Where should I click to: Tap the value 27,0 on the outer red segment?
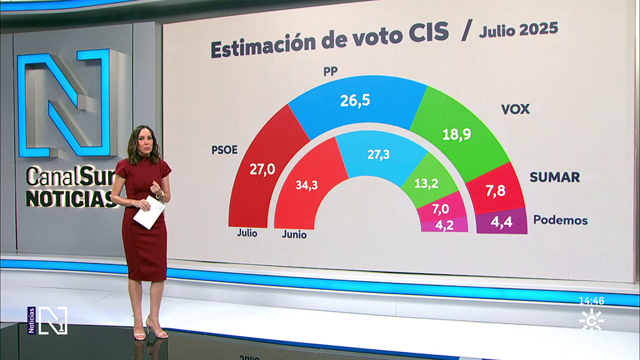pyautogui.click(x=262, y=169)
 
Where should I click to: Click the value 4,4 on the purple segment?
pyautogui.click(x=501, y=222)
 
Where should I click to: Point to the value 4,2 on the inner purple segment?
pyautogui.click(x=444, y=224)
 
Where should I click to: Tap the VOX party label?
pyautogui.click(x=515, y=109)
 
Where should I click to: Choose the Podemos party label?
pyautogui.click(x=560, y=220)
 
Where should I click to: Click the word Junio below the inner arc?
pyautogui.click(x=294, y=236)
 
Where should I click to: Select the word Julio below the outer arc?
pyautogui.click(x=247, y=234)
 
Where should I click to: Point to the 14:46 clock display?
pyautogui.click(x=591, y=301)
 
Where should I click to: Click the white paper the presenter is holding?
pyautogui.click(x=149, y=212)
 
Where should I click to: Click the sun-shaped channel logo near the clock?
pyautogui.click(x=591, y=320)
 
